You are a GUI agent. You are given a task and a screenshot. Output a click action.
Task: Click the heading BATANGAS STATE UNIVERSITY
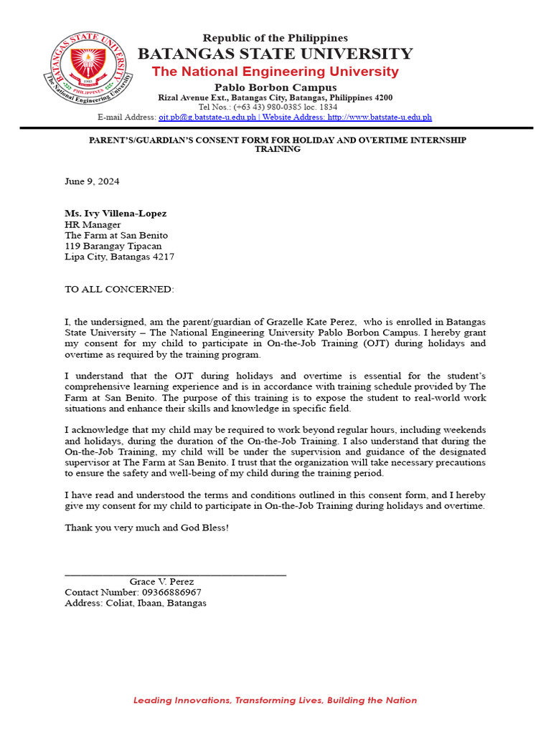(275, 54)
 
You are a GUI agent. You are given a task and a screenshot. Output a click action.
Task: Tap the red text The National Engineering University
(275, 72)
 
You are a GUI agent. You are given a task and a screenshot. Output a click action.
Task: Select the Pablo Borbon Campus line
(275, 87)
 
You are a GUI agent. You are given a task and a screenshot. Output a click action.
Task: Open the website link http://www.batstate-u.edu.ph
(380, 117)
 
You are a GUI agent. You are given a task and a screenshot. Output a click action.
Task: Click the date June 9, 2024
(92, 181)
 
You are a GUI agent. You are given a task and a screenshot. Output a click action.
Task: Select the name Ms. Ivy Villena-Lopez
(116, 214)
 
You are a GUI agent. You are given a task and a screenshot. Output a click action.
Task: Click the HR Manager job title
(93, 224)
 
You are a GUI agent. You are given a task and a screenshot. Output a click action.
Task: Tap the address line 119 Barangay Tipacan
(113, 246)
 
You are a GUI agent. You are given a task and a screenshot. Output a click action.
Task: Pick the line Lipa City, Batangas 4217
(119, 257)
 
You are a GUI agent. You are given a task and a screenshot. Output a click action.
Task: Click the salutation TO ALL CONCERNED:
(119, 289)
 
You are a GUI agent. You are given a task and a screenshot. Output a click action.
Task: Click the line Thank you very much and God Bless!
(146, 528)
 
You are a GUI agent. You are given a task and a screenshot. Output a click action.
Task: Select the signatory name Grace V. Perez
(161, 582)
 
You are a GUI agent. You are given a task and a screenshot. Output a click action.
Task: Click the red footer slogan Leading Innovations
(275, 700)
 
